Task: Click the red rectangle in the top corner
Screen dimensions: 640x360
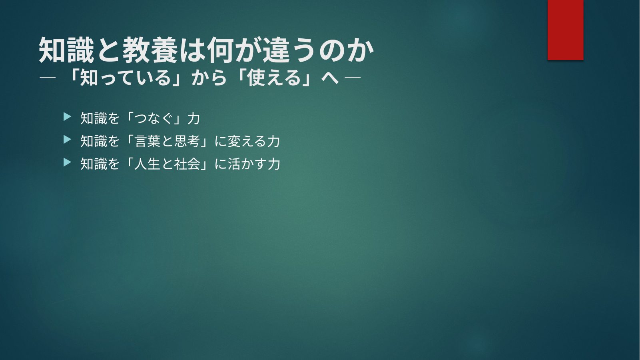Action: [565, 30]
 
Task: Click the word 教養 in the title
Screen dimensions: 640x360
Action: [150, 50]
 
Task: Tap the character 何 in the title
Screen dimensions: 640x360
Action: [220, 50]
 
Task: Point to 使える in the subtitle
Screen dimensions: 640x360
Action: [274, 78]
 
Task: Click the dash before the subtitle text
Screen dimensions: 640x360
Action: [48, 77]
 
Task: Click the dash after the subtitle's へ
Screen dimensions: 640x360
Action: [353, 77]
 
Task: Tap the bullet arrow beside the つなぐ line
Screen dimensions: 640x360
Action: [67, 117]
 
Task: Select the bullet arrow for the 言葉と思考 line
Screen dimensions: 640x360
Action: [67, 140]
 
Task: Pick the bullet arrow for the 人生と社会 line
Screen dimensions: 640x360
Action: [67, 162]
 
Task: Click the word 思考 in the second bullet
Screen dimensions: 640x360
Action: [187, 141]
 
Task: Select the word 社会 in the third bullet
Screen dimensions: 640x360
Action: [187, 164]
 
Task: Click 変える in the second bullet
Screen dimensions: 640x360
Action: [247, 141]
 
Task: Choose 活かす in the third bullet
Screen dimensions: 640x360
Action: [247, 164]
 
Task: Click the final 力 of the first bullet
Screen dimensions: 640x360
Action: [193, 118]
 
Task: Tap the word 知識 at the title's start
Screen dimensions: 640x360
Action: [66, 50]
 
